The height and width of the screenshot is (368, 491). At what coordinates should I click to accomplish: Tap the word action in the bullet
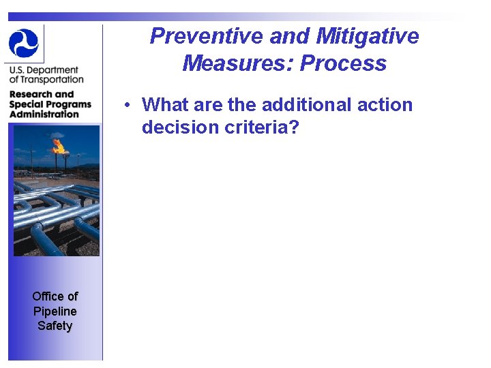point(383,105)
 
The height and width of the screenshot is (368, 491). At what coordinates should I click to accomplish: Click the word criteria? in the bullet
point(262,127)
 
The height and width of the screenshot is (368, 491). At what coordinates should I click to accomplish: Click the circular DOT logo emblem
point(25,42)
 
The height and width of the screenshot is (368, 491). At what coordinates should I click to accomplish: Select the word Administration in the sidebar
point(44,114)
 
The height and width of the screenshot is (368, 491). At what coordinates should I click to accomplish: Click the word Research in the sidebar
point(31,95)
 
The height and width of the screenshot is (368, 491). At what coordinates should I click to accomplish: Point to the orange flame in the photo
point(59,145)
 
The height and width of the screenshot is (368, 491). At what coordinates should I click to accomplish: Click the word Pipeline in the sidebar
point(55,311)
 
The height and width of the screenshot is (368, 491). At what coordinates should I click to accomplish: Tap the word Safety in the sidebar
point(55,326)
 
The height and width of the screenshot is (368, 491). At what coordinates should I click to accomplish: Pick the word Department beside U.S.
point(55,70)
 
